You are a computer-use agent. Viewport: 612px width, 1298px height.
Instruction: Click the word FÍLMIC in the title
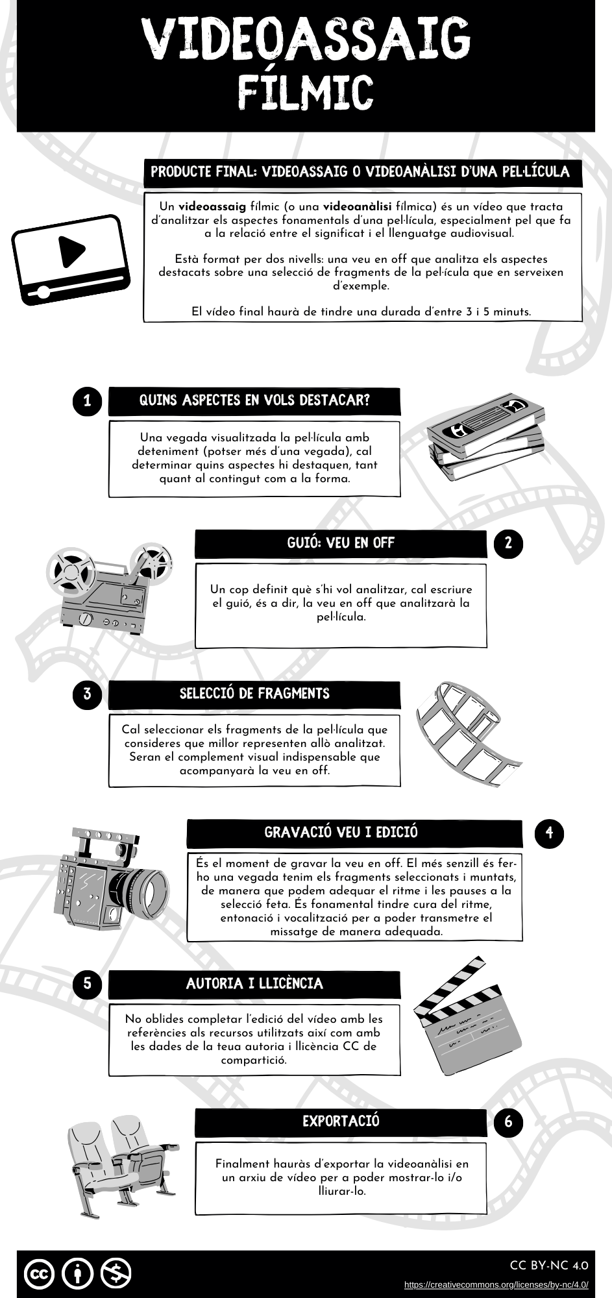point(305,93)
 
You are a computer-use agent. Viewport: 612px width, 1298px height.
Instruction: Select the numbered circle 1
point(88,401)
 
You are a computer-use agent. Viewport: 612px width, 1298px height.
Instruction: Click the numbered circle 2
point(508,543)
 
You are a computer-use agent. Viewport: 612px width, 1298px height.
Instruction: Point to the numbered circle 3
point(88,694)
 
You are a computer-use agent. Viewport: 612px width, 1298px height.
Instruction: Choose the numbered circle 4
point(549,833)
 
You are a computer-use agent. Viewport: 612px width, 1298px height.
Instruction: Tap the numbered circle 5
point(88,984)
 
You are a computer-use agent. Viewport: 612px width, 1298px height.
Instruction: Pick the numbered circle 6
point(508,1121)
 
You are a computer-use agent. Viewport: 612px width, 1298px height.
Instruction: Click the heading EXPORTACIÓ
point(341,1121)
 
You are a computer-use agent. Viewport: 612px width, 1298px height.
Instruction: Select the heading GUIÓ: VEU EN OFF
point(341,543)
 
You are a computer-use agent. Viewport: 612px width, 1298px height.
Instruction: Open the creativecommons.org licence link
point(496,1284)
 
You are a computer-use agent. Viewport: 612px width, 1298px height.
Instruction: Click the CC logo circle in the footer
point(39,1273)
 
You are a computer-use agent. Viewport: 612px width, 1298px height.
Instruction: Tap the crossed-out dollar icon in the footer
point(116,1273)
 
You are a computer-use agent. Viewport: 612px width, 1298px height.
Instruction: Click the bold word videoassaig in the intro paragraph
point(212,206)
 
